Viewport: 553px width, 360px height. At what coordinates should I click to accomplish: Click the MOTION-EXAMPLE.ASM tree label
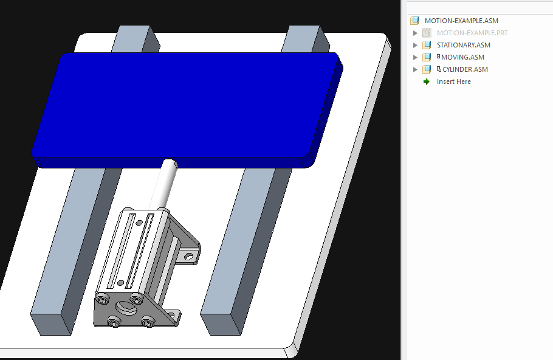pos(461,21)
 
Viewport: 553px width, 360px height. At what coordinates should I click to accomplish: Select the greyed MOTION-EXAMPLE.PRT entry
pos(472,33)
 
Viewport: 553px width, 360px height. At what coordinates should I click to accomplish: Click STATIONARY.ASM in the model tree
pos(463,45)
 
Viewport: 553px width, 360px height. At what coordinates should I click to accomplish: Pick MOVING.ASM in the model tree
pos(462,57)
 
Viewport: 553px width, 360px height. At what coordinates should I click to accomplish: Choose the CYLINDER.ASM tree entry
pos(465,69)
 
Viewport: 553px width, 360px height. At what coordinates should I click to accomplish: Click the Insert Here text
pos(453,81)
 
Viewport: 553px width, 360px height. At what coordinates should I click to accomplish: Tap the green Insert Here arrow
pos(427,81)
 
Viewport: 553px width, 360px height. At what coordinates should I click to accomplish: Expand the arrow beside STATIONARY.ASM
pos(416,45)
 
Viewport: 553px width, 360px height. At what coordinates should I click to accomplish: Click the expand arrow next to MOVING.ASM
pos(416,57)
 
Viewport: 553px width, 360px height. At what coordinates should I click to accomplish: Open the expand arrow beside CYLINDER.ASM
pos(416,69)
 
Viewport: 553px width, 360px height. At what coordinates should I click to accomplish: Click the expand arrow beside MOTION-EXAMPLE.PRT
pos(416,33)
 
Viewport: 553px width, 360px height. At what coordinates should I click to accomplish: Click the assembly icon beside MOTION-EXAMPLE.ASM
pos(415,21)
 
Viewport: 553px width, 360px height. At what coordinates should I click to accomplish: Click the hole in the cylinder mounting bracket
pos(189,257)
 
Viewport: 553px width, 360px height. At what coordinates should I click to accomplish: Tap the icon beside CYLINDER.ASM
pos(427,69)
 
